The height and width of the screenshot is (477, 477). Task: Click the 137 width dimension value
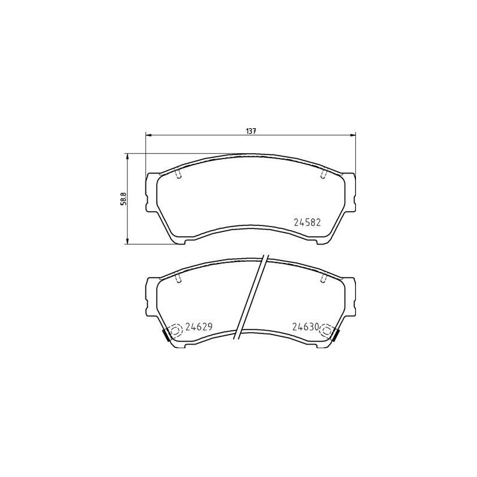(251, 131)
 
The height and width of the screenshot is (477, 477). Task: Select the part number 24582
(308, 223)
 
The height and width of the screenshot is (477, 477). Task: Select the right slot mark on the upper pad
(324, 173)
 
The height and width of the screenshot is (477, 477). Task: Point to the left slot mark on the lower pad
(179, 277)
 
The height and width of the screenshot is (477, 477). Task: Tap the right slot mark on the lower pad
(324, 277)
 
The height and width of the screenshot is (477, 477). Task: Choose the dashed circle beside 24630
(327, 330)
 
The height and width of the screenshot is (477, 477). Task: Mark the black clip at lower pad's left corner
(167, 336)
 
